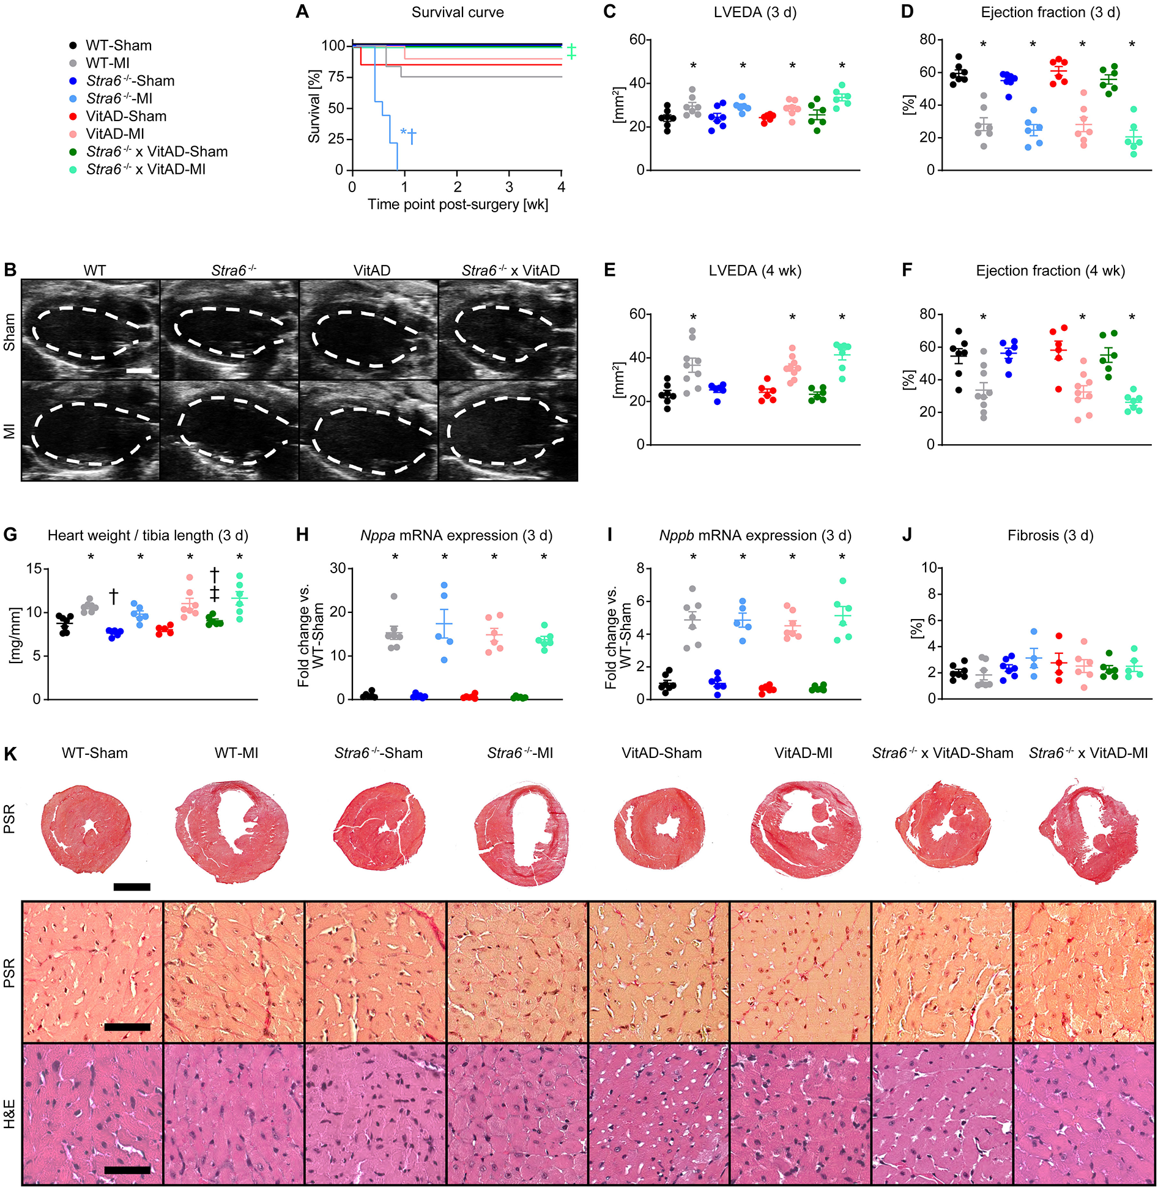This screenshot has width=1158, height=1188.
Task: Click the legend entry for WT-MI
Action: click(107, 63)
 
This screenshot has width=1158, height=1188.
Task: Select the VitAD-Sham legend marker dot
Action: click(73, 116)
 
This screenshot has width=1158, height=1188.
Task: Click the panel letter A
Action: click(302, 12)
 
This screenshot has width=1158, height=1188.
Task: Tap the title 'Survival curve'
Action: click(458, 12)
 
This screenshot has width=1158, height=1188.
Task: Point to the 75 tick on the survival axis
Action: click(333, 77)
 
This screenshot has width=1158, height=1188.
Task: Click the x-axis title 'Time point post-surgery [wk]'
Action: click(458, 204)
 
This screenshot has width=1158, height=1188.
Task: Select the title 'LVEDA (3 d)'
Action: click(755, 12)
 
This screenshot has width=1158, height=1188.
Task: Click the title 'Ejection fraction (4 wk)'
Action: click(1050, 271)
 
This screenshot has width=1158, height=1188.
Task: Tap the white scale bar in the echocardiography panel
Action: click(139, 371)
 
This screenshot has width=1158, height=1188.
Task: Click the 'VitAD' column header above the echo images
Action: click(372, 270)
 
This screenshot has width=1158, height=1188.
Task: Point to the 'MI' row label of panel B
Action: click(10, 431)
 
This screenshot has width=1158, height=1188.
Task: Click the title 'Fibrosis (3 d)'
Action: click(1050, 536)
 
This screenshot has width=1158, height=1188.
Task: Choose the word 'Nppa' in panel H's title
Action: click(377, 536)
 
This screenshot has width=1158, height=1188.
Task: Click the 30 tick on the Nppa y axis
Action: click(338, 568)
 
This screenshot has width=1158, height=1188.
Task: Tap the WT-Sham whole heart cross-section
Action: click(87, 826)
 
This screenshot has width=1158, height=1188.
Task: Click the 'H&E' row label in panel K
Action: click(10, 1114)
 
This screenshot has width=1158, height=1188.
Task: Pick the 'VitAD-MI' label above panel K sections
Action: click(803, 753)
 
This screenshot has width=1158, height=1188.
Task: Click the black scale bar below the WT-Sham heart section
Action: click(132, 886)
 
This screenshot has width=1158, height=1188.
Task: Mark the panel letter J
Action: click(907, 535)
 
